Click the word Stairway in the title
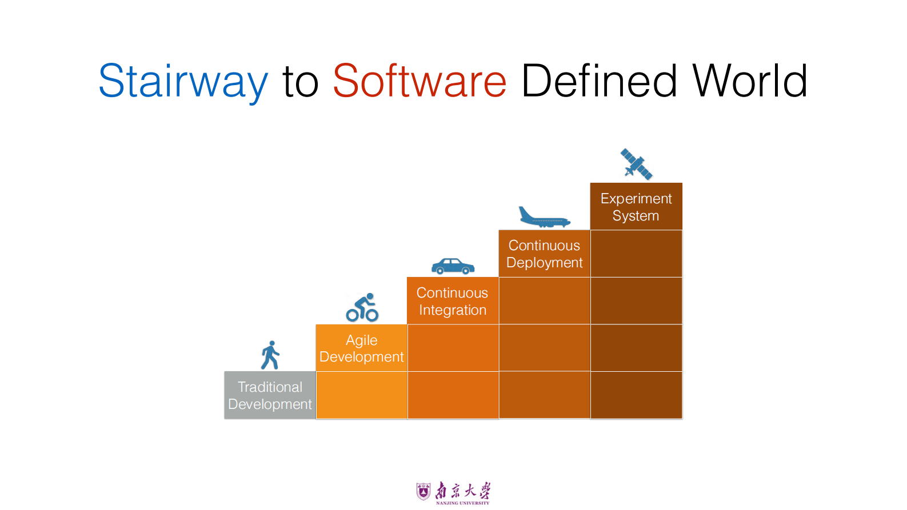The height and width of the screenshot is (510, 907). click(x=183, y=82)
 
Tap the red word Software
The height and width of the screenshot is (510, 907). click(x=419, y=81)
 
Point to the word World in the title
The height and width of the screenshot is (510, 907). click(x=750, y=81)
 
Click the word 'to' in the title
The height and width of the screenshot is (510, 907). click(x=301, y=83)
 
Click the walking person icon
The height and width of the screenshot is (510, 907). click(x=270, y=355)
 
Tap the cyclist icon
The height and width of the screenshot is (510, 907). click(x=362, y=308)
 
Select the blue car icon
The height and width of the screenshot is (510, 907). click(x=453, y=266)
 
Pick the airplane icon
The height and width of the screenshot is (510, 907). click(x=544, y=217)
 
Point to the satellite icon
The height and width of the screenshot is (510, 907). click(x=636, y=164)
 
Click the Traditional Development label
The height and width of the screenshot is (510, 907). click(x=270, y=395)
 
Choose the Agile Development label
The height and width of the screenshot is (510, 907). click(x=362, y=348)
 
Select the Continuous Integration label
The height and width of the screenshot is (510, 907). click(x=452, y=301)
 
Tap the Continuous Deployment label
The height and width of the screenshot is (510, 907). click(x=544, y=254)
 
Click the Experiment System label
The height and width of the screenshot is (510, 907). click(x=636, y=207)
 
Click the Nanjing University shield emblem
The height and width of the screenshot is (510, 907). click(x=423, y=491)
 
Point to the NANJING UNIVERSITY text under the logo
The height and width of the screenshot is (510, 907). click(x=462, y=503)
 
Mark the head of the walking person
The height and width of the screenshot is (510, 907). click(x=271, y=343)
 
